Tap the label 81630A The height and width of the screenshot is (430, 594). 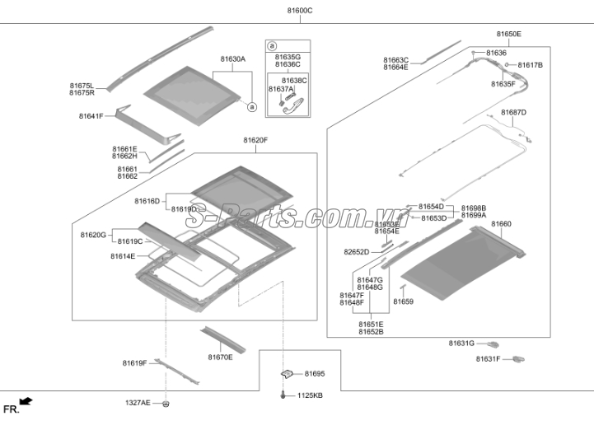(x=233, y=59)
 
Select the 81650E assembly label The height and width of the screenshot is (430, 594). (x=508, y=34)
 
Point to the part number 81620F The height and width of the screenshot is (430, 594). (x=255, y=141)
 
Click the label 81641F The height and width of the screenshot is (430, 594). (x=91, y=116)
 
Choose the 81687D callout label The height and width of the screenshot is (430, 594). (x=513, y=111)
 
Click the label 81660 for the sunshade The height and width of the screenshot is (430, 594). (x=501, y=224)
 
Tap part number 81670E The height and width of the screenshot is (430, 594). (x=220, y=358)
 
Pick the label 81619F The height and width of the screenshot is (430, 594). (x=134, y=363)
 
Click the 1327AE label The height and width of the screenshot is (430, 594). (x=138, y=403)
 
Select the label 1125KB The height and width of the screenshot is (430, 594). (x=310, y=396)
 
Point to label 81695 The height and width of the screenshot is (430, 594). (x=315, y=374)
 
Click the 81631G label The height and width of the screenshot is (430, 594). (x=461, y=343)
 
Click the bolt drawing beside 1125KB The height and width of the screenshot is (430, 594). (x=284, y=395)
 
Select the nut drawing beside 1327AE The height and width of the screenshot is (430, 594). (x=166, y=404)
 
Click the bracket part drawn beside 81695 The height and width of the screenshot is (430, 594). (x=288, y=374)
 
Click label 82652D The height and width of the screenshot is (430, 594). (x=357, y=252)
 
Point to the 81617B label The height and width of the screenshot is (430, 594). (x=530, y=65)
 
